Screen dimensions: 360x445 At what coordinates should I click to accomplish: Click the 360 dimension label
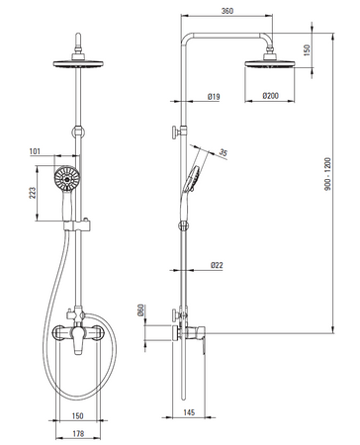[227, 11]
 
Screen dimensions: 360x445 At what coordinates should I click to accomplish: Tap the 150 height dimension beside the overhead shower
[307, 50]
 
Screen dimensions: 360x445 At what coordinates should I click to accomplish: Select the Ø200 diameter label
[270, 96]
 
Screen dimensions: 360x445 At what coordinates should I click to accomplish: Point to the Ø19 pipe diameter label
[214, 97]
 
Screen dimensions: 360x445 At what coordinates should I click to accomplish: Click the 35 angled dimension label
[224, 153]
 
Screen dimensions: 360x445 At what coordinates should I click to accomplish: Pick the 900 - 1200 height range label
[327, 174]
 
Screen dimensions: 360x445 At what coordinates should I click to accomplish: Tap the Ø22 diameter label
[217, 265]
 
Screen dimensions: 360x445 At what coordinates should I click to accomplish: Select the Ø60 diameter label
[140, 311]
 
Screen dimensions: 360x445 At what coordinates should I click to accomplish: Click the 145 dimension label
[189, 412]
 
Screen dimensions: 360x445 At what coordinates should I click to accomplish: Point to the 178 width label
[78, 434]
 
